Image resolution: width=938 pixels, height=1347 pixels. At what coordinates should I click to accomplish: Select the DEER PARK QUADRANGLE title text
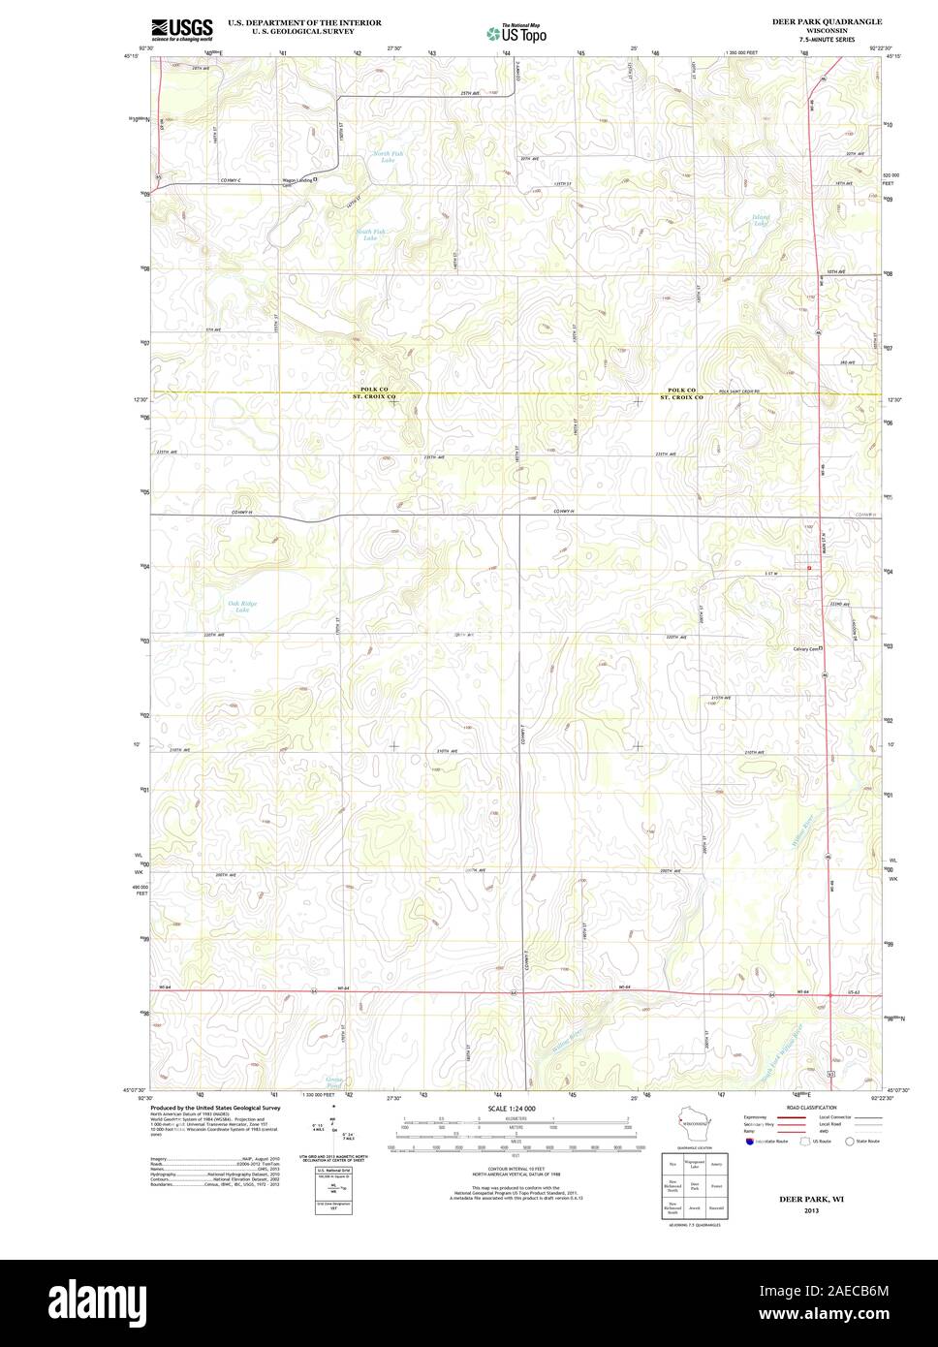[x=826, y=20]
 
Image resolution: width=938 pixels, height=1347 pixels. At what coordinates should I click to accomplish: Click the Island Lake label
[x=763, y=220]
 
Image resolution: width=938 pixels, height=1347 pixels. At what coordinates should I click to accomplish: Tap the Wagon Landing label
[x=270, y=179]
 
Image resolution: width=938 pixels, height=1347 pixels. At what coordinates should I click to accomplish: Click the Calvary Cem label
[x=803, y=648]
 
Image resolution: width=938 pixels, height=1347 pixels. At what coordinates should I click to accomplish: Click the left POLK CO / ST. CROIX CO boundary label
[x=374, y=392]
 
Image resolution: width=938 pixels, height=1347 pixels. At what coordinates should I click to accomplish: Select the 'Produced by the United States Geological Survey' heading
[x=215, y=1107]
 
